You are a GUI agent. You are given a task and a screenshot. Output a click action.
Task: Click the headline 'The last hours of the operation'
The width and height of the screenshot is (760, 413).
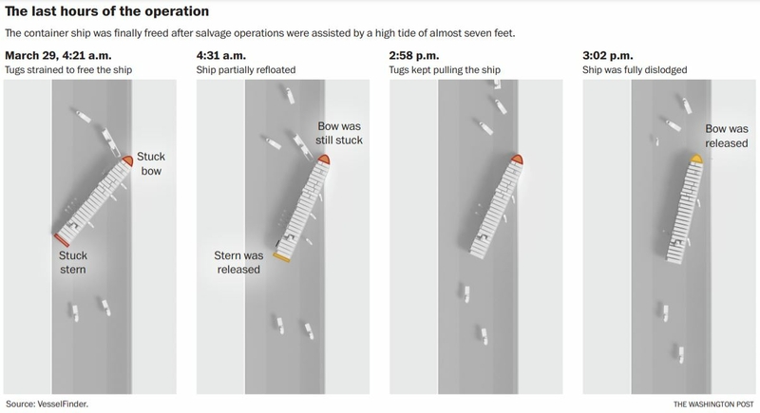coord(107,11)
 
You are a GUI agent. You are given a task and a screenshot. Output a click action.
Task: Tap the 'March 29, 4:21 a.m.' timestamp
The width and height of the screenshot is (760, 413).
coord(58,55)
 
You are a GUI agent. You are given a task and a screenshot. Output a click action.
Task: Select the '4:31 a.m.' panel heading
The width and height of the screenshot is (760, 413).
coord(221,55)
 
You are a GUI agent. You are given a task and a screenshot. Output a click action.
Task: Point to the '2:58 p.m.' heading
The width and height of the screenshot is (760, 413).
coord(414,55)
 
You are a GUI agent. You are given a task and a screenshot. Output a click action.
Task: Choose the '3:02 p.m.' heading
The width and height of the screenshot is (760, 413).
coord(608,55)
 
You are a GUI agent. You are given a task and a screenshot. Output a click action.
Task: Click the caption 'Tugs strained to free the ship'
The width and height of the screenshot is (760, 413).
coord(68,69)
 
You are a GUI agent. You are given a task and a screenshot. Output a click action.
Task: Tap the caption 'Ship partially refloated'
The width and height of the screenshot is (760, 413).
coord(246,69)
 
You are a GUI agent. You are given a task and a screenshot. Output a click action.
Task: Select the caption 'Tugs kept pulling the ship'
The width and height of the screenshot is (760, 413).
coord(445,69)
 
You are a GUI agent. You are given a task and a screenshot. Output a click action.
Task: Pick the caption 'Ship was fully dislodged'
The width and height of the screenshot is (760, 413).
coord(635,69)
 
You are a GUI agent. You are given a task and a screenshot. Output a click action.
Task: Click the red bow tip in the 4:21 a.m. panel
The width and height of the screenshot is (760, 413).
coord(128,160)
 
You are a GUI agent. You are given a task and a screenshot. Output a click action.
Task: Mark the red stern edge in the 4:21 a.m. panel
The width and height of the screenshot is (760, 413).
coord(62,240)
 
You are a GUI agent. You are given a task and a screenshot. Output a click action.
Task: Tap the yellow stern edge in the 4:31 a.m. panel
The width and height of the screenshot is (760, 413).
coord(281,257)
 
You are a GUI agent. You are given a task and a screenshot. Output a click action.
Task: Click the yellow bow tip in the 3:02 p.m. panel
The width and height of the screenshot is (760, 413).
coord(696,159)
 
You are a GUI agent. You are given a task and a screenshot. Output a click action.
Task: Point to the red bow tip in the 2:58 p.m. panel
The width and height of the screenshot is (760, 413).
coord(517,160)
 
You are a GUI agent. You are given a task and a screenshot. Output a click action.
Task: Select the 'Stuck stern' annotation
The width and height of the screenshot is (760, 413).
coord(73,262)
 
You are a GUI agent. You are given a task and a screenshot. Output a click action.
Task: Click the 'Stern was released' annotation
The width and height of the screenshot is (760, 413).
coord(238,262)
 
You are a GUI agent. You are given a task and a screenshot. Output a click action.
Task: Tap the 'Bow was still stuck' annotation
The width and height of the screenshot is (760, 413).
coord(339,133)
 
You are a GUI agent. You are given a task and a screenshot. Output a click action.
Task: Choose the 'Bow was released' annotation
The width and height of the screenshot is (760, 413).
coord(727,136)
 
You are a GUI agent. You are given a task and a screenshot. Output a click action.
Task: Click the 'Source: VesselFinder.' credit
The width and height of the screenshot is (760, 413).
coord(47,404)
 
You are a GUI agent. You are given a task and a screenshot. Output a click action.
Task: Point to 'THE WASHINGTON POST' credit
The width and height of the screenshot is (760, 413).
coord(713,404)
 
